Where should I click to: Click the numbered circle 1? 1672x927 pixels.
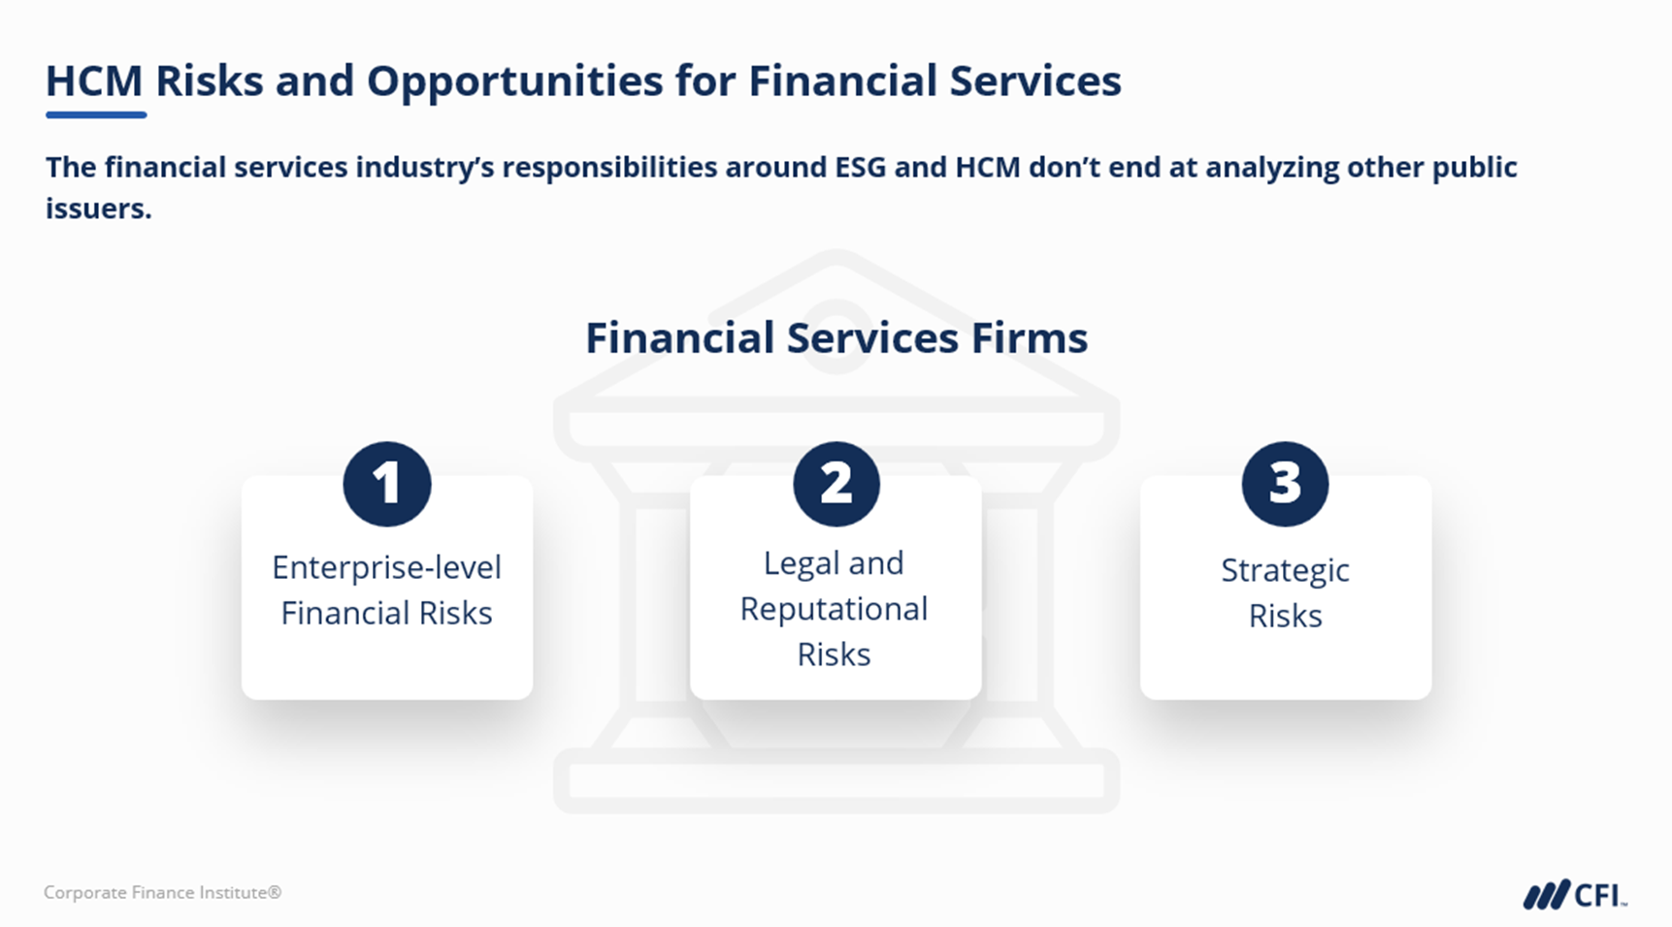386,484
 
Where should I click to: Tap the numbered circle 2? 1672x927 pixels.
836,484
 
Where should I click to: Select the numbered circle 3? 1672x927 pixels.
1285,484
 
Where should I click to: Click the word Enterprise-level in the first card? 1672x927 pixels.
386,568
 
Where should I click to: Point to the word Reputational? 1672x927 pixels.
834,610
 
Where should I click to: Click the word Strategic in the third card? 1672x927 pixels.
1285,571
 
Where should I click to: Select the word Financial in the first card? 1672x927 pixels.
344,613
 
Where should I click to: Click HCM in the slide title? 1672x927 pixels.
94,80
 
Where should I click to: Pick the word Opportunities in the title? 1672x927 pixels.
514,81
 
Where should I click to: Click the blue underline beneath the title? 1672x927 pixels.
96,114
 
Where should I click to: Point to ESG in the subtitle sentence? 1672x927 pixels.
861,167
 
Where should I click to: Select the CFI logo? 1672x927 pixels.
1575,895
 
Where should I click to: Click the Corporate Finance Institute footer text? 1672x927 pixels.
162,892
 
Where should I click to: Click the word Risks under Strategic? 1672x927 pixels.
1285,616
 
